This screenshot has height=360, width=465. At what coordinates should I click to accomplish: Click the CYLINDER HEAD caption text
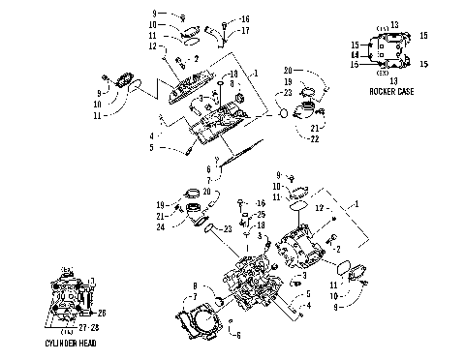(74, 344)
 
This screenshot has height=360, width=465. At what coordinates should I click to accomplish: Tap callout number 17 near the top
(245, 30)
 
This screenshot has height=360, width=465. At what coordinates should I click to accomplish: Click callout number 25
(260, 214)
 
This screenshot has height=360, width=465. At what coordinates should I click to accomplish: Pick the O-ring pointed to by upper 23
(281, 113)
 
